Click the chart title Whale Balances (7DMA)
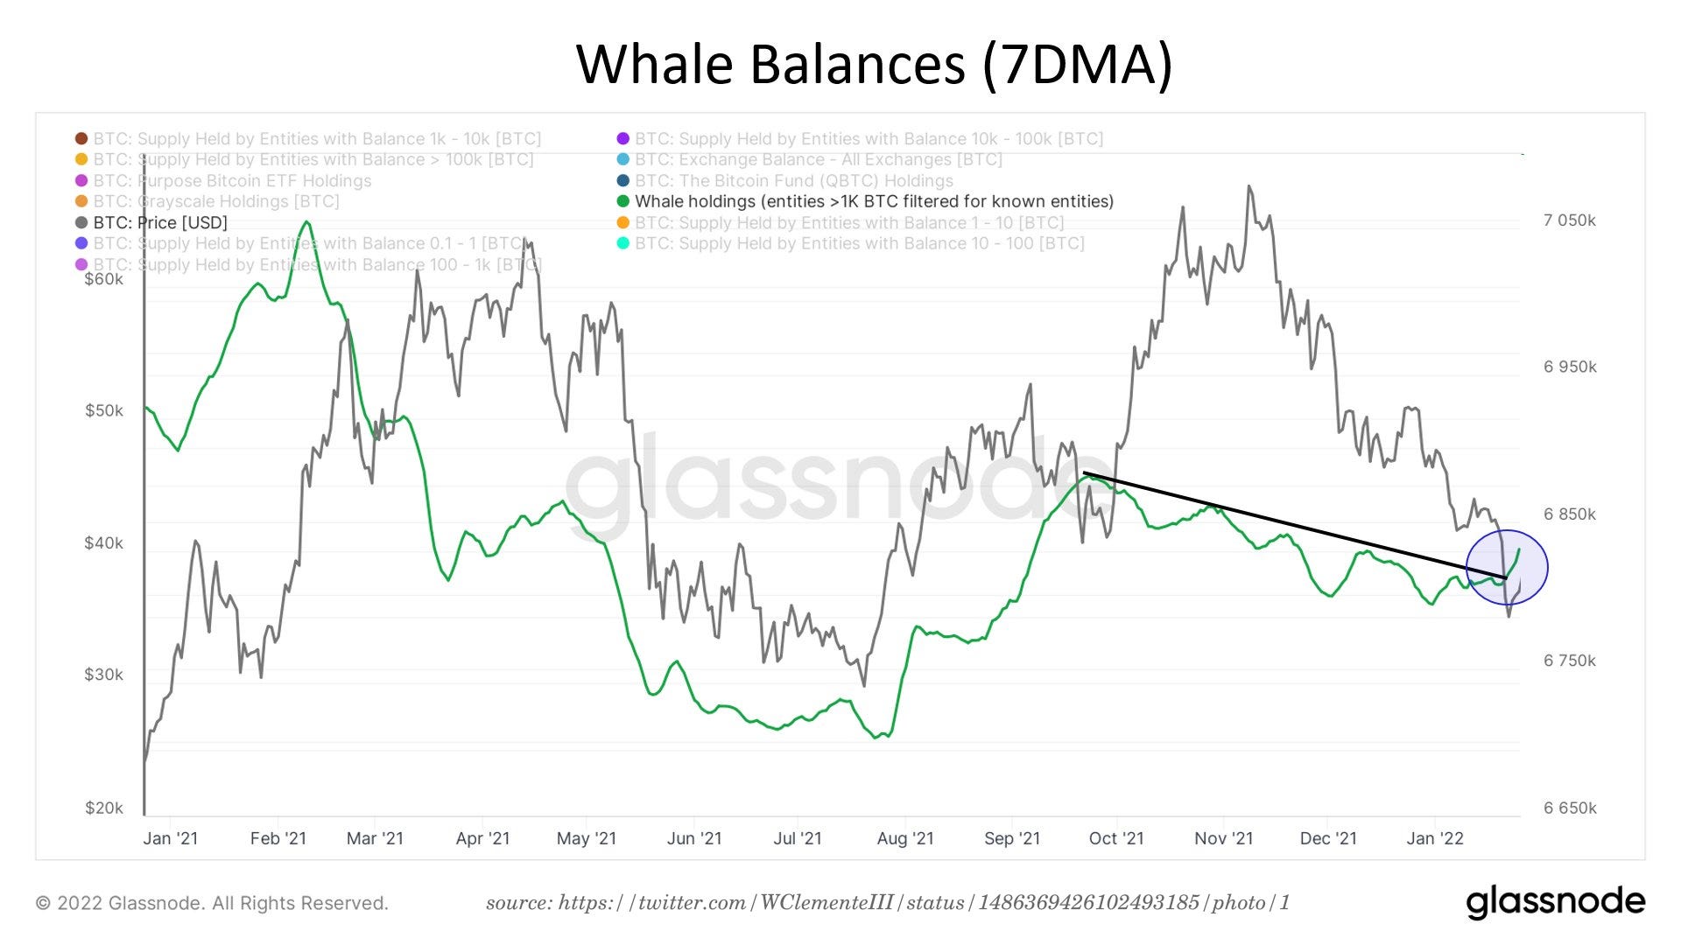[874, 64]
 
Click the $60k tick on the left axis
[103, 279]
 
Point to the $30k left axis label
[103, 675]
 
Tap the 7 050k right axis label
[1569, 220]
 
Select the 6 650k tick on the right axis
[1569, 808]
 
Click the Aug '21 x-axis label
[905, 838]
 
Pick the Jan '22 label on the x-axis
[1434, 838]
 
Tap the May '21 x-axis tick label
[586, 838]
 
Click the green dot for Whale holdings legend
[623, 201]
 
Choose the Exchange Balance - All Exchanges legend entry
[818, 159]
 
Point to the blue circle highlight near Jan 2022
[1507, 567]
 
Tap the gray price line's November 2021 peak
[1249, 186]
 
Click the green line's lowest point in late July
[876, 738]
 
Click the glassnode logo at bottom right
[1555, 902]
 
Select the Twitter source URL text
[888, 902]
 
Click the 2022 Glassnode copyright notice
[212, 903]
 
